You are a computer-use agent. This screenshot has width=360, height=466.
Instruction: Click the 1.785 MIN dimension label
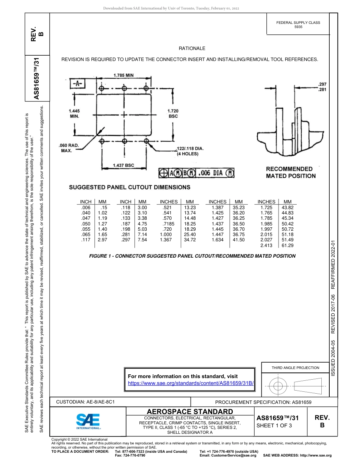pos(124,75)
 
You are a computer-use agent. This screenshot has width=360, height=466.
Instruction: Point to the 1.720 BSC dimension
pos(173,113)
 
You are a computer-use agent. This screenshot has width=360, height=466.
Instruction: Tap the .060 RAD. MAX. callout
pos(69,148)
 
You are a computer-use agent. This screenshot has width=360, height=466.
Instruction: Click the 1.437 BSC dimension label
pos(124,166)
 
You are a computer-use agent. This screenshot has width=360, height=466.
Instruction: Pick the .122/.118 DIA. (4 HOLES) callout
pos(190,151)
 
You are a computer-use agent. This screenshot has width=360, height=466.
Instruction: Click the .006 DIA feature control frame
pos(196,173)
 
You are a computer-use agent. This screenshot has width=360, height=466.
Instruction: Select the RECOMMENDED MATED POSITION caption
pos(291,172)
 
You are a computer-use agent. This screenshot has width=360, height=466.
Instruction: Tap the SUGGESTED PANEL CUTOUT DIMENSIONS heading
pos(130,187)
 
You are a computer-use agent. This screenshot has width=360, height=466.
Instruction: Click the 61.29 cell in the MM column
pos(288,246)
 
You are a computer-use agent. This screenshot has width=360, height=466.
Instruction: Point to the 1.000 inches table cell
pos(166,235)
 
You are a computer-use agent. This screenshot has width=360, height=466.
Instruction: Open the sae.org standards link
pos(191,383)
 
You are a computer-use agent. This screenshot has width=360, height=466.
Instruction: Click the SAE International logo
pos(88,421)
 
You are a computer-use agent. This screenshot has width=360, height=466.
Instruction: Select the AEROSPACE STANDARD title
pos(190,411)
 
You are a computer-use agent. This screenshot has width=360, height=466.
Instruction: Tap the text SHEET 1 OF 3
pos(274,425)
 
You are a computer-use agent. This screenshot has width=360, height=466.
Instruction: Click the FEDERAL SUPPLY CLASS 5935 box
pos(298,25)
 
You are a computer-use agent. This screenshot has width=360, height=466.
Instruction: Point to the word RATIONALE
pos(192,48)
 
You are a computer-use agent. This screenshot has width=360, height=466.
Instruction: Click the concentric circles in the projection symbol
pos(278,386)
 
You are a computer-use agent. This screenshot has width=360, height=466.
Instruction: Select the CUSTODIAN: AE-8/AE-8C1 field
pos(85,402)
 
